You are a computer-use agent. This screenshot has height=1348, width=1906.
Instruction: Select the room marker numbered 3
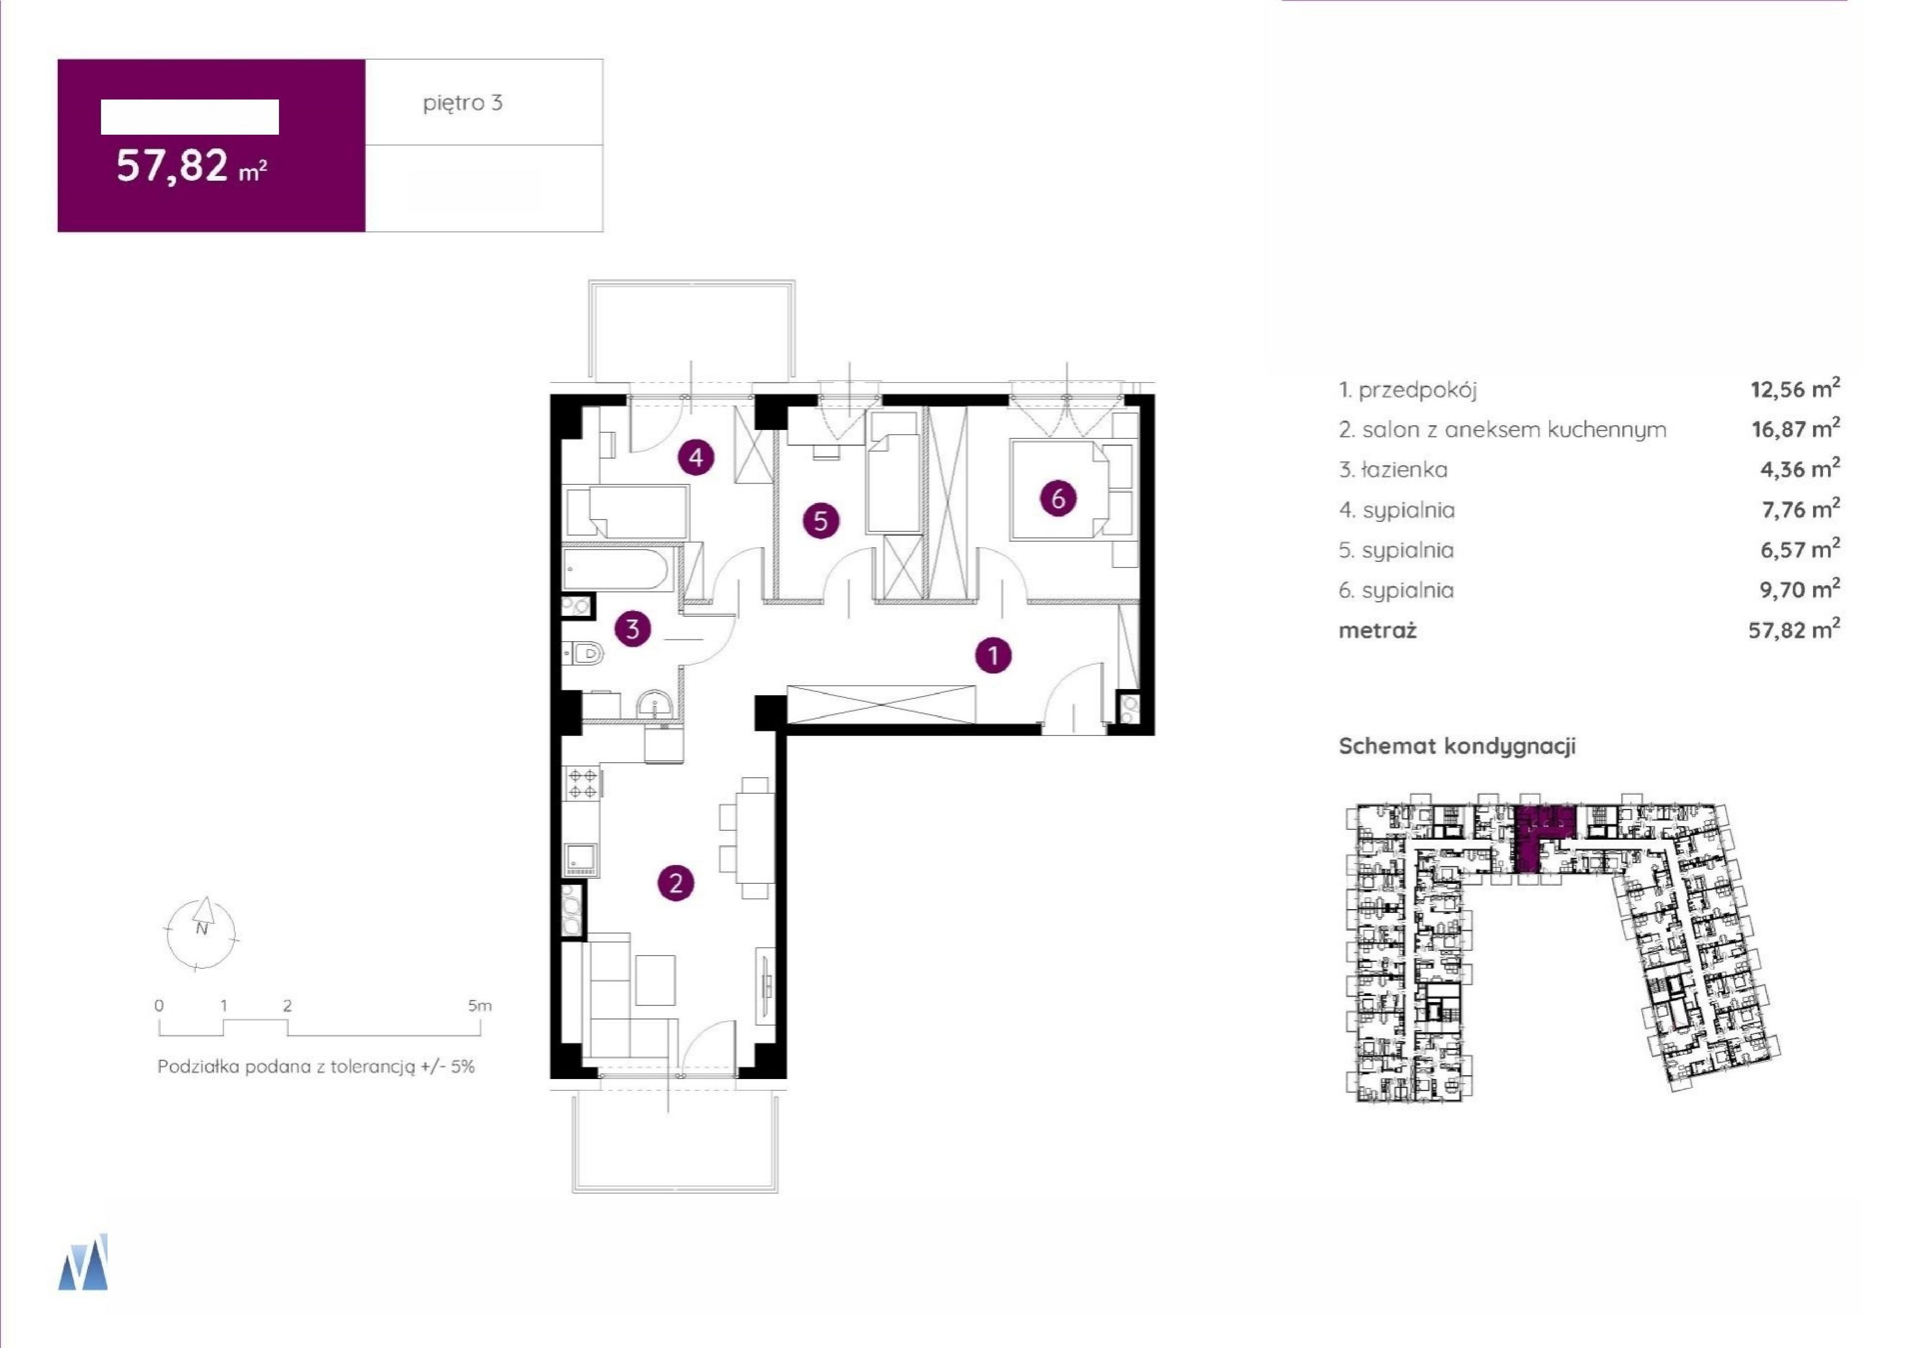(x=633, y=628)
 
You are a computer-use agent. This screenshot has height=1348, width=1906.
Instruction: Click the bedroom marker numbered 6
(x=1058, y=498)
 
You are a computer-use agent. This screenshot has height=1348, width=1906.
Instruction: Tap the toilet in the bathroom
(x=583, y=655)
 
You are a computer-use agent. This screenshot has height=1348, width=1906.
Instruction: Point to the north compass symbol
(x=201, y=934)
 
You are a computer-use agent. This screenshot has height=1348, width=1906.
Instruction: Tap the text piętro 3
(x=463, y=103)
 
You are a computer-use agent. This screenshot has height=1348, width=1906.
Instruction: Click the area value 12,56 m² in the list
(x=1795, y=389)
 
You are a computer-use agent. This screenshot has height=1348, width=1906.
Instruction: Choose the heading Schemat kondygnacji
(x=1457, y=745)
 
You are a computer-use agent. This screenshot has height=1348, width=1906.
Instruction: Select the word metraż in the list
(x=1377, y=630)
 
